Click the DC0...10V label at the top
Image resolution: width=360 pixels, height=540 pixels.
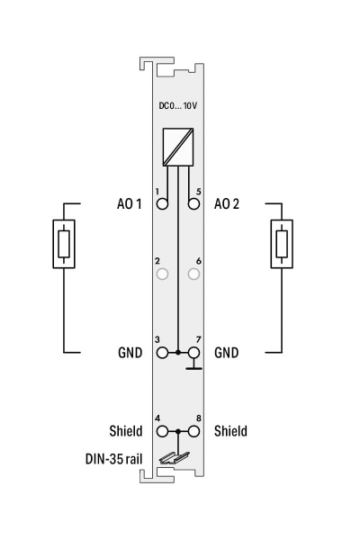(x=178, y=105)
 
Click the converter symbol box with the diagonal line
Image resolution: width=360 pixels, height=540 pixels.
(x=178, y=147)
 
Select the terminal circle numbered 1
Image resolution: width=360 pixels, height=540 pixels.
(x=162, y=203)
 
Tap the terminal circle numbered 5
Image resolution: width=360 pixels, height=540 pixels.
(x=194, y=203)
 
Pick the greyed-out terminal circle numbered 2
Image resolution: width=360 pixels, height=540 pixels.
(x=162, y=274)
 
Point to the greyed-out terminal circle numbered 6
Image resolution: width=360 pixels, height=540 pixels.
(x=194, y=274)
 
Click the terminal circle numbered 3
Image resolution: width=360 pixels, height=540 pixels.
(x=162, y=353)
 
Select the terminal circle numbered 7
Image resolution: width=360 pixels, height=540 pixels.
(x=194, y=353)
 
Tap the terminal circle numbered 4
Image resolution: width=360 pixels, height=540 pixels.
(x=162, y=431)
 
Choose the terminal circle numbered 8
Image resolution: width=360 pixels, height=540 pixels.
(x=194, y=431)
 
